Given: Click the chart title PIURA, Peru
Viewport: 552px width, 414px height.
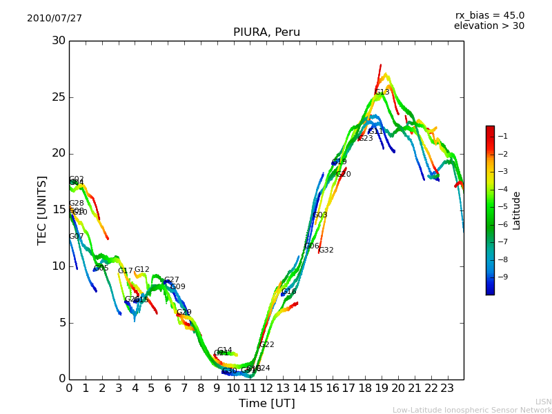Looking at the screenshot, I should pyautogui.click(x=266, y=32).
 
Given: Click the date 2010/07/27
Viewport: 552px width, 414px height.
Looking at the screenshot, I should pyautogui.click(x=55, y=19).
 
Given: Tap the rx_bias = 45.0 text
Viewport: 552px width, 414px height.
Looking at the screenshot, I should pyautogui.click(x=489, y=15).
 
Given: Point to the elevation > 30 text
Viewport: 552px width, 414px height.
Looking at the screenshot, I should pyautogui.click(x=489, y=26).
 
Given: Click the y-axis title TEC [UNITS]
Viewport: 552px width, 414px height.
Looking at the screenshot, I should pyautogui.click(x=42, y=210).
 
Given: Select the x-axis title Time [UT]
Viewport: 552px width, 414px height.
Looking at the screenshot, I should pyautogui.click(x=266, y=404).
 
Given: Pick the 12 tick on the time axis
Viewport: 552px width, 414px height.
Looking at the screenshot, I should pyautogui.click(x=266, y=388).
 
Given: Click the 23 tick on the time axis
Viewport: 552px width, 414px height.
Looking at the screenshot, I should pyautogui.click(x=447, y=388).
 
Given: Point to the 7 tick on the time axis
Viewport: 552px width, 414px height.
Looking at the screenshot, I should pyautogui.click(x=184, y=388).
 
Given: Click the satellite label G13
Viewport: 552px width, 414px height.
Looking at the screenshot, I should pyautogui.click(x=382, y=92).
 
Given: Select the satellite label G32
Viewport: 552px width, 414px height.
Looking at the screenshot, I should pyautogui.click(x=326, y=250).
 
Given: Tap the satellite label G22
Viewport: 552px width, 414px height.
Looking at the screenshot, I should pyautogui.click(x=267, y=345).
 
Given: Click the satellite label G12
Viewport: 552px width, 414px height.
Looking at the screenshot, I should pyautogui.click(x=142, y=270).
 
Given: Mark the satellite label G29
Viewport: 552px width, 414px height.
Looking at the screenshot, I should pyautogui.click(x=184, y=313).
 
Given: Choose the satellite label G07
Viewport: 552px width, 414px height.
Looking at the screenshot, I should pyautogui.click(x=77, y=237).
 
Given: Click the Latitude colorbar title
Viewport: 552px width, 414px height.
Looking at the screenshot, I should pyautogui.click(x=517, y=210).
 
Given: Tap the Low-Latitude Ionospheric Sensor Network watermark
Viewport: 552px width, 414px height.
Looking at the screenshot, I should pyautogui.click(x=472, y=411).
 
